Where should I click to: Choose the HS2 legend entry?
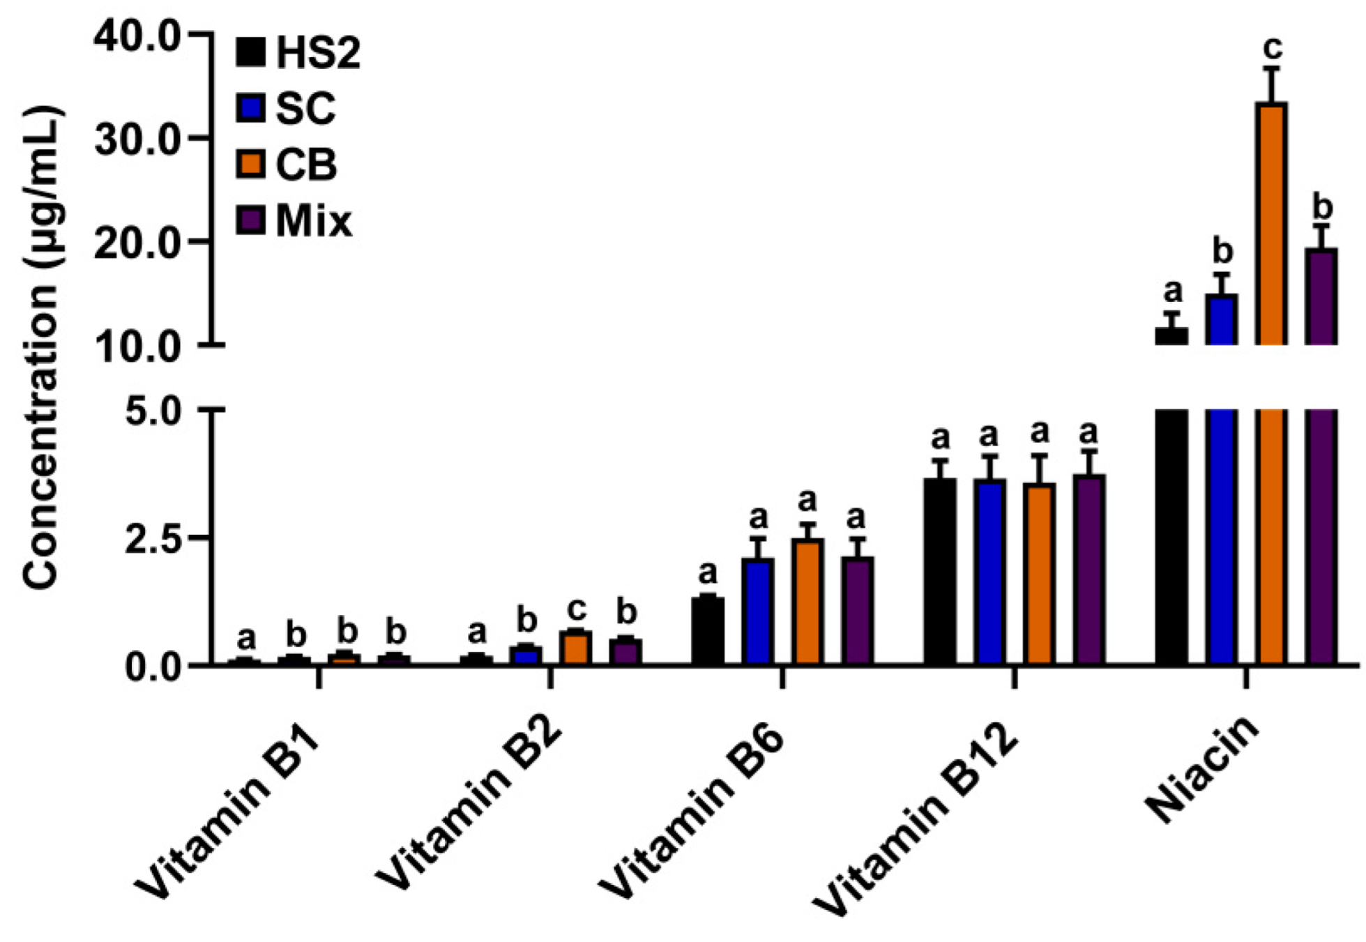298,52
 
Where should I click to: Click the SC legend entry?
286,109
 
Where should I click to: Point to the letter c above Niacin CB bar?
1273,49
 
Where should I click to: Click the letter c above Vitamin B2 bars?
576,609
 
